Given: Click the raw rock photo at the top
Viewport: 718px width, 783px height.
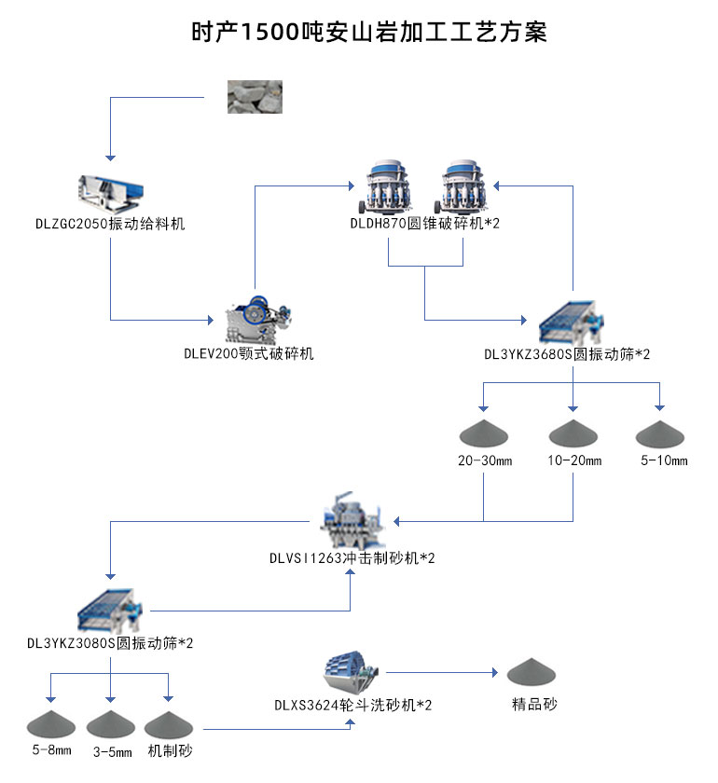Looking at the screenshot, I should [255, 97].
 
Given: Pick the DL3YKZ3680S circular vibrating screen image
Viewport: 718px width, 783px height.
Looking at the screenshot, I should [571, 323].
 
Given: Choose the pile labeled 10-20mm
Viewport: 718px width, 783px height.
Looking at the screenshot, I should [573, 433].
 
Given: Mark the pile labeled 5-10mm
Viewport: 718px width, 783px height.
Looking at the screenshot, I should [661, 433].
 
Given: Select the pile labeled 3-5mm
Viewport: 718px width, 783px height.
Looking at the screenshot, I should [111, 723].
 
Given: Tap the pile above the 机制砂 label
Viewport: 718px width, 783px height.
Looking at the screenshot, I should [171, 723].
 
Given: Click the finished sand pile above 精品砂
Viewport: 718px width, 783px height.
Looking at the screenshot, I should [534, 670].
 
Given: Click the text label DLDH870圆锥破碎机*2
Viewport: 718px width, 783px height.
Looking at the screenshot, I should [424, 223].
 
